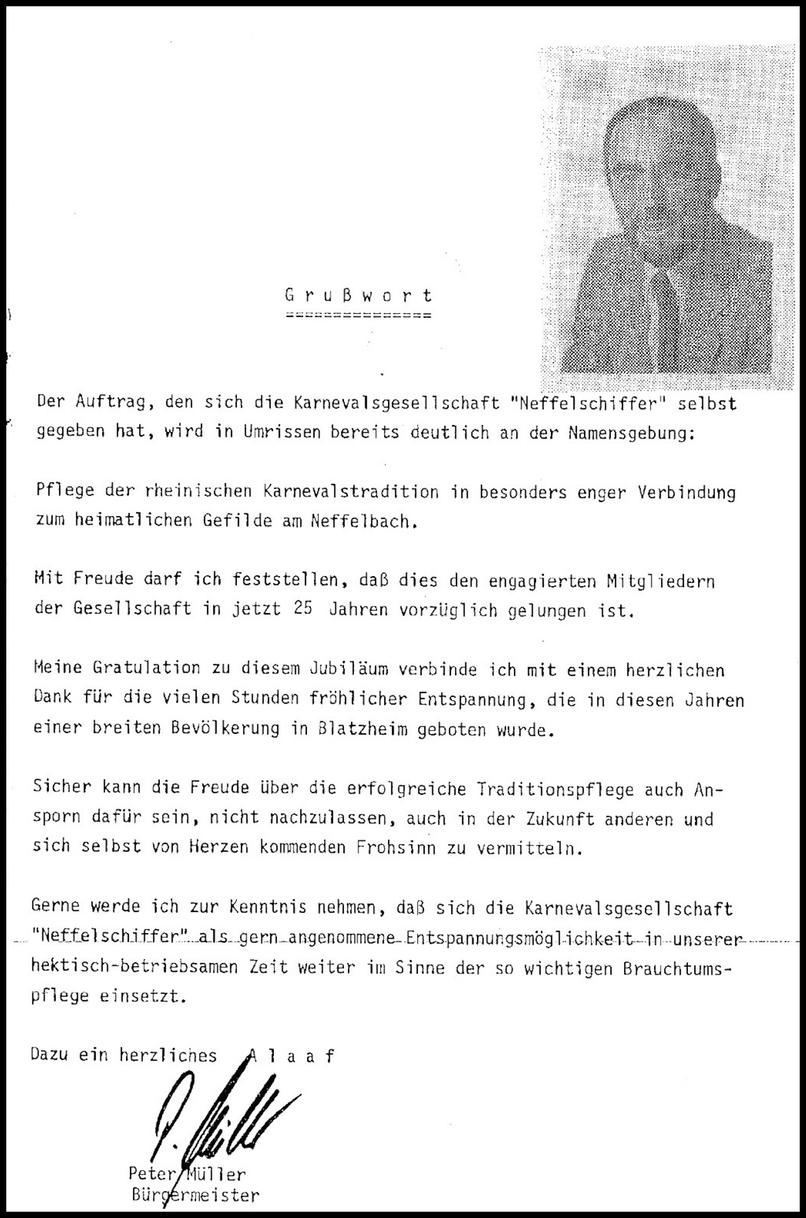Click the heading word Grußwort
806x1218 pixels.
coord(358,296)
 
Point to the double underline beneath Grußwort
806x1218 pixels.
coord(358,316)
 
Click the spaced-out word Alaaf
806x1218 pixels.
coord(292,1056)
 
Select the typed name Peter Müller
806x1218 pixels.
coord(187,1175)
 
